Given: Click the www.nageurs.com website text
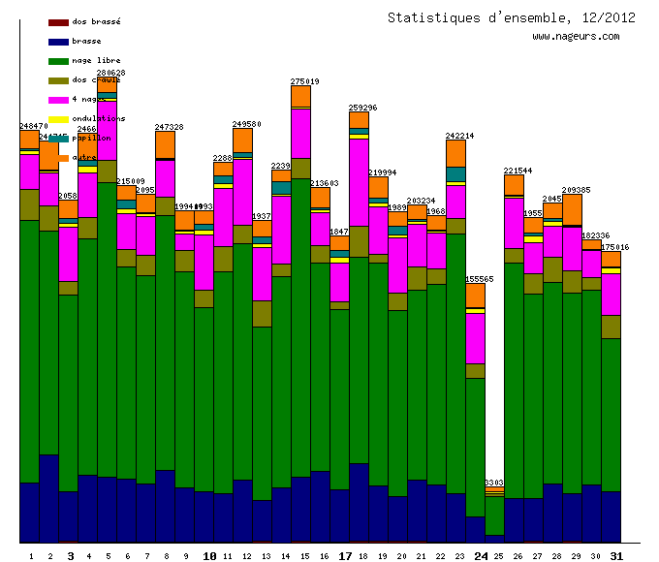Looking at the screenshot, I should click(576, 37).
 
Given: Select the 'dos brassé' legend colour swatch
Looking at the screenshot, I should click(57, 22).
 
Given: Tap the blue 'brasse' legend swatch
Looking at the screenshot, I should click(57, 42).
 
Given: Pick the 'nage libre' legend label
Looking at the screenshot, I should click(96, 60).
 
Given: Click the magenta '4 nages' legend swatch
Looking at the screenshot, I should click(57, 100).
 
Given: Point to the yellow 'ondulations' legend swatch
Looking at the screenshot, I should click(57, 119).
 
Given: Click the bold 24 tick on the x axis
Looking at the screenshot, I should click(482, 556).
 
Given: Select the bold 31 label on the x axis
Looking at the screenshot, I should click(616, 556).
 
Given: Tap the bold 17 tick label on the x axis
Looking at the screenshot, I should click(345, 556).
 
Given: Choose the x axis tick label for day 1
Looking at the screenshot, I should click(31, 556).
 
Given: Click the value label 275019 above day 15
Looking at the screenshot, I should click(305, 81).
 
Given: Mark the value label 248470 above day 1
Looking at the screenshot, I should click(34, 126).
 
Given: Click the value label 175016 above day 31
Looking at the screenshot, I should click(614, 247).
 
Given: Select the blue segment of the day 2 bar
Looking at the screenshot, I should click(48, 497).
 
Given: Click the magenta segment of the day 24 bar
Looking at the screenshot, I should click(475, 337).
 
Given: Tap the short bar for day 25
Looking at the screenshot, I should click(494, 514).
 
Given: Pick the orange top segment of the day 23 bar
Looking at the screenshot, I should click(455, 153).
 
